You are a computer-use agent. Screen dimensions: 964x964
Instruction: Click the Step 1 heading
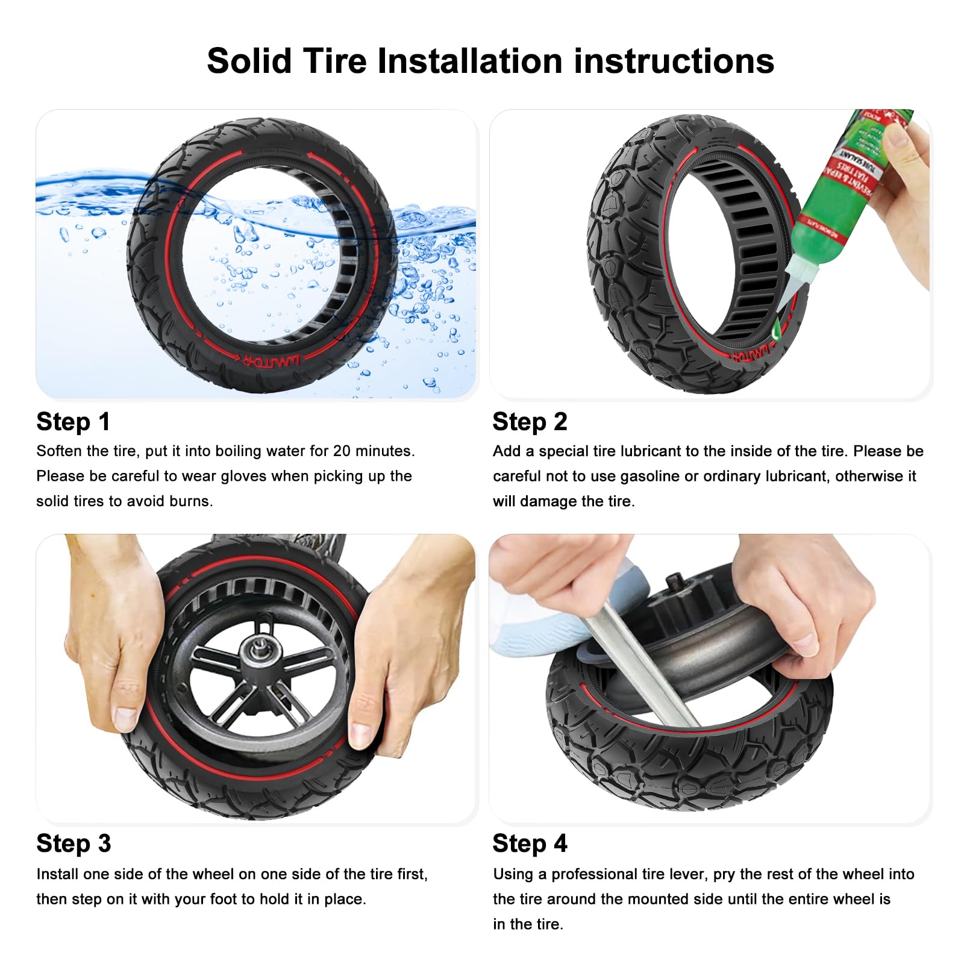click(74, 422)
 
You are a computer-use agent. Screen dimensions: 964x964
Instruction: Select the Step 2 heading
click(530, 422)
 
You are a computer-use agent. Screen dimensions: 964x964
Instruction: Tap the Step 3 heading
click(74, 843)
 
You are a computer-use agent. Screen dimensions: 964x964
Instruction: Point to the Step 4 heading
click(530, 843)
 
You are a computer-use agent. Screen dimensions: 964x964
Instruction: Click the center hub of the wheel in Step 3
click(260, 651)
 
